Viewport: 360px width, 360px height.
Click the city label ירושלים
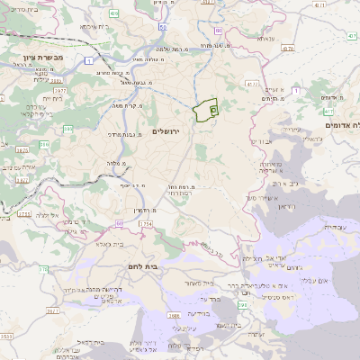(x=166, y=131)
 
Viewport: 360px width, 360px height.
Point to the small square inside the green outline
(x=212, y=109)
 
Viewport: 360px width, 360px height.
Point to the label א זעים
(x=278, y=92)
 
